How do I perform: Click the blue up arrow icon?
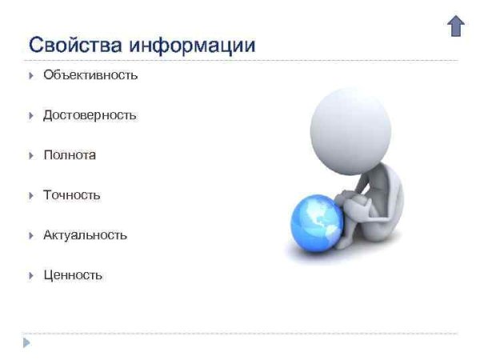[x=455, y=26]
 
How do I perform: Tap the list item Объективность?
[x=90, y=75]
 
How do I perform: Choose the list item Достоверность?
[x=90, y=115]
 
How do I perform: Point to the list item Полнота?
[x=70, y=155]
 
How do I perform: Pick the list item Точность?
[x=72, y=195]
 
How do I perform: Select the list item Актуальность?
[x=85, y=235]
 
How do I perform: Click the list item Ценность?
[x=73, y=275]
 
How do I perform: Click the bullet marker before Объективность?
[x=30, y=76]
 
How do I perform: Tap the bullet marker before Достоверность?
[x=30, y=116]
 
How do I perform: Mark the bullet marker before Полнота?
[x=30, y=156]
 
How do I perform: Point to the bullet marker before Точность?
[x=30, y=196]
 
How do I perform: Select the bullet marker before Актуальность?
[x=30, y=236]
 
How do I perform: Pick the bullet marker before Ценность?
[x=30, y=276]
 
